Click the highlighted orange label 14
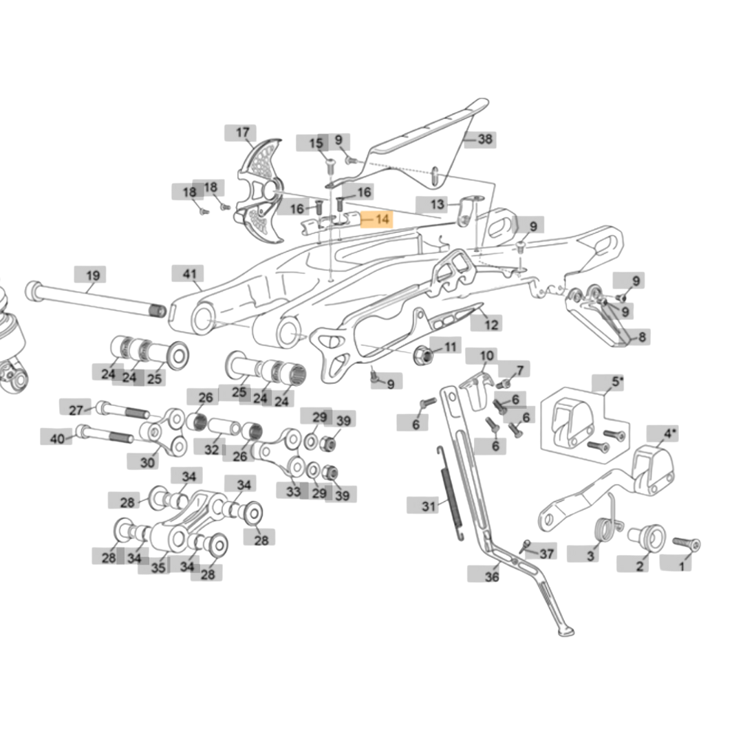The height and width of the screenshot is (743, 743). [377, 219]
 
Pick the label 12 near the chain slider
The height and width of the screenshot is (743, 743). [489, 323]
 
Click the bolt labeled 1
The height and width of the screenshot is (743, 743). [686, 544]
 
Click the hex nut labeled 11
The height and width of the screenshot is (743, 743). [425, 356]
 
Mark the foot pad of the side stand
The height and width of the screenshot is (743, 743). [565, 631]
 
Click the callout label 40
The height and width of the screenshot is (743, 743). [57, 437]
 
